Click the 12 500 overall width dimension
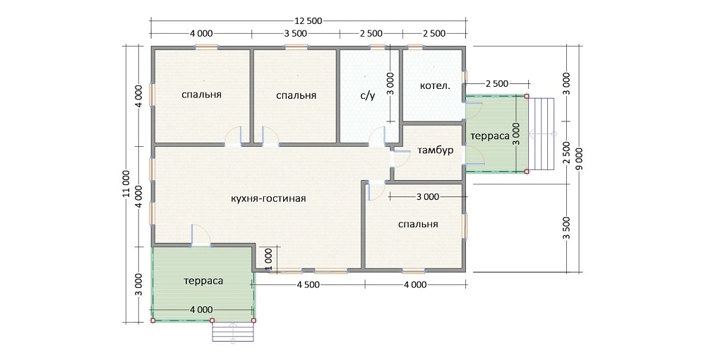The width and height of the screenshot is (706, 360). coord(309,20)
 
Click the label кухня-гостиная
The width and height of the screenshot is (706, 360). coord(268,198)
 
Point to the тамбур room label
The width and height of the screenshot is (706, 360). coord(436,150)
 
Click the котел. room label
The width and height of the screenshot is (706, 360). coord(435,85)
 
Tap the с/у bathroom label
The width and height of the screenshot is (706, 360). coord(368,95)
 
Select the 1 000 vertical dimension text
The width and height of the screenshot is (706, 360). coord(269,259)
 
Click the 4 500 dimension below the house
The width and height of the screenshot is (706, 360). coord(308,285)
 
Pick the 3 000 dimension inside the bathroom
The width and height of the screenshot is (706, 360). coord(390,84)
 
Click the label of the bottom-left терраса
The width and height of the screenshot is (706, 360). coord(203,281)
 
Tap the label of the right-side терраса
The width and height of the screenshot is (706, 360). coord(490,136)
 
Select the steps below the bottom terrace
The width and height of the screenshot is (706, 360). coord(233,333)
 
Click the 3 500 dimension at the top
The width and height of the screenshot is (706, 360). coord(296,33)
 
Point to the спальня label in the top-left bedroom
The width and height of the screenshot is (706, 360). coord(202,95)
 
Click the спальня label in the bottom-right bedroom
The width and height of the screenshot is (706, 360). coord(418,224)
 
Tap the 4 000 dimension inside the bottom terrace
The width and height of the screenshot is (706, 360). coord(201,310)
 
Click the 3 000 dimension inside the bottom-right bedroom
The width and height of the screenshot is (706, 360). coord(428,197)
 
